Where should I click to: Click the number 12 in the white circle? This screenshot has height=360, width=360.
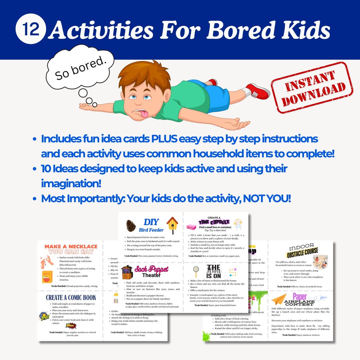[30, 29]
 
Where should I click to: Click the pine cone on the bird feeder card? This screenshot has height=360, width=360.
[131, 226]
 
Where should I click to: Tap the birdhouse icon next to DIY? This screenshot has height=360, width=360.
[172, 224]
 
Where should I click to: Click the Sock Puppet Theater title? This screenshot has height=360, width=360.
[151, 271]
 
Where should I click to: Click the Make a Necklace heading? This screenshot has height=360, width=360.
[71, 250]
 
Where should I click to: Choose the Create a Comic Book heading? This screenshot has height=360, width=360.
[71, 297]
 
